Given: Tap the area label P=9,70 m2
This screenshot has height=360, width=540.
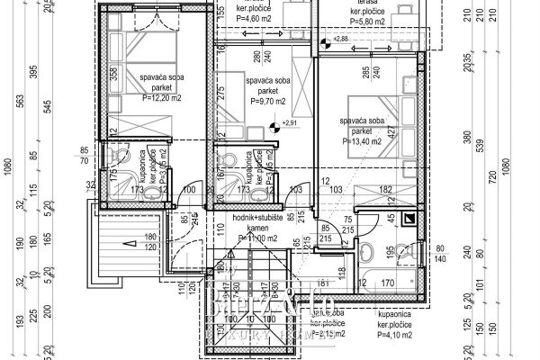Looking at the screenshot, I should pyautogui.click(x=260, y=103).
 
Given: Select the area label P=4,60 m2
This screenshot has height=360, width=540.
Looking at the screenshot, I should pyautogui.click(x=255, y=20).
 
